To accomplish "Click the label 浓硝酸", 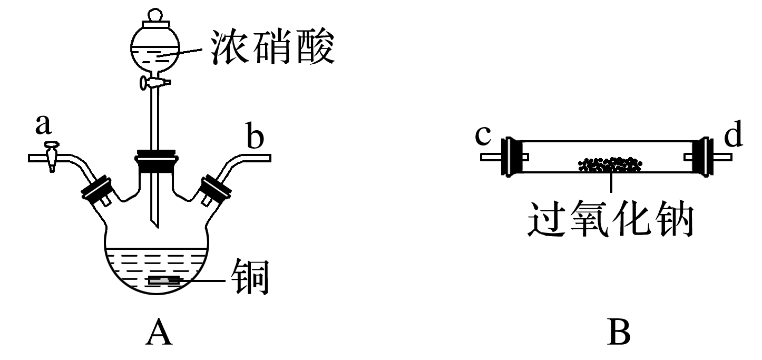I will pyautogui.click(x=272, y=46).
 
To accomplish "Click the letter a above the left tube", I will pyautogui.click(x=43, y=124).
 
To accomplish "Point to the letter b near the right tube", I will pyautogui.click(x=255, y=138).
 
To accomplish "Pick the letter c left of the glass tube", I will pyautogui.click(x=483, y=135).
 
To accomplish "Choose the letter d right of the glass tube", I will pyautogui.click(x=733, y=135).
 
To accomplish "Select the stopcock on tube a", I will pyautogui.click(x=51, y=157).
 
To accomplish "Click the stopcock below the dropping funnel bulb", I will pyautogui.click(x=154, y=82).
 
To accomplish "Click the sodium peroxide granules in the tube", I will pyautogui.click(x=610, y=165).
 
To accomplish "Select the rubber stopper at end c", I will pyautogui.click(x=511, y=157).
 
